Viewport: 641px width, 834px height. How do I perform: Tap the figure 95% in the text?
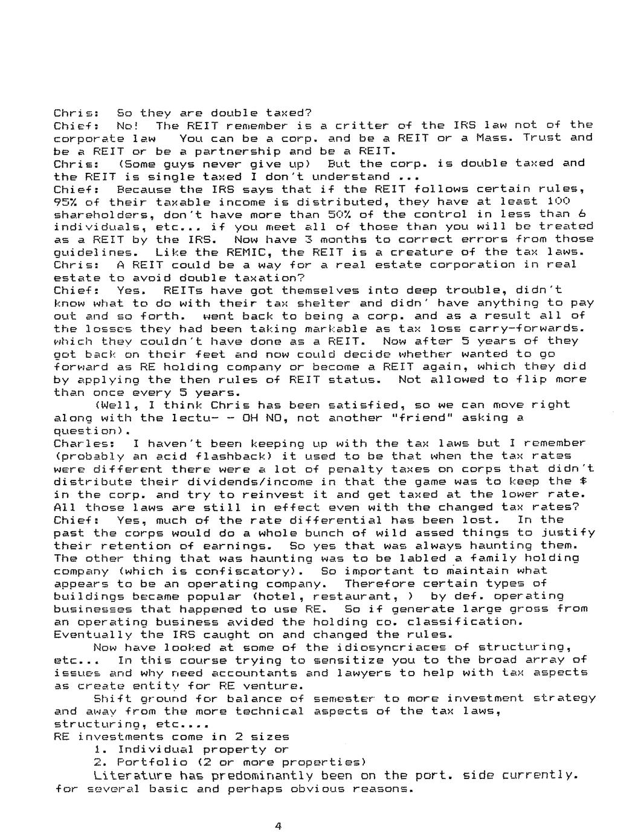pos(65,201)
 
